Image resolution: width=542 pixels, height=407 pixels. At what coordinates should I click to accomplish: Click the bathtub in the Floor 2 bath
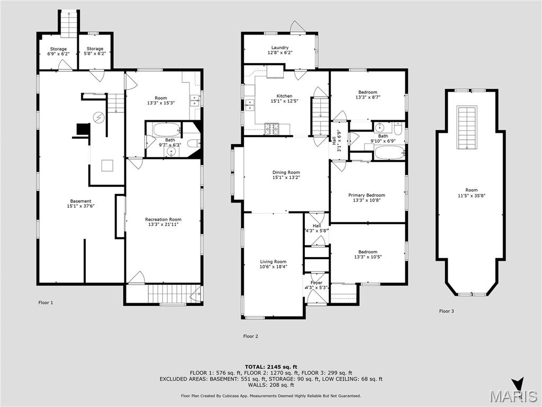(389, 152)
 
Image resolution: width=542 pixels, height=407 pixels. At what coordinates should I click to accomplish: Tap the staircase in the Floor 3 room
(467, 127)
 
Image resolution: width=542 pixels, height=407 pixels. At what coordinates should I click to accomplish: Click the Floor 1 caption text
(46, 303)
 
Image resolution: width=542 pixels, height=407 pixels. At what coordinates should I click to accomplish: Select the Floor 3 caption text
(446, 311)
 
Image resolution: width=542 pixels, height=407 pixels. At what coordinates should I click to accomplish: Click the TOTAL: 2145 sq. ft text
(271, 367)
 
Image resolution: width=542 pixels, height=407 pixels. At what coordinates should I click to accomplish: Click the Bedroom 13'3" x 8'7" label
(367, 95)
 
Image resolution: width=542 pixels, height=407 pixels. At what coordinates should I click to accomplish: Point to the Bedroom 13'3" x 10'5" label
(367, 254)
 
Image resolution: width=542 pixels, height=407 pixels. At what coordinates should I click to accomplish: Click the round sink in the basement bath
(171, 152)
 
